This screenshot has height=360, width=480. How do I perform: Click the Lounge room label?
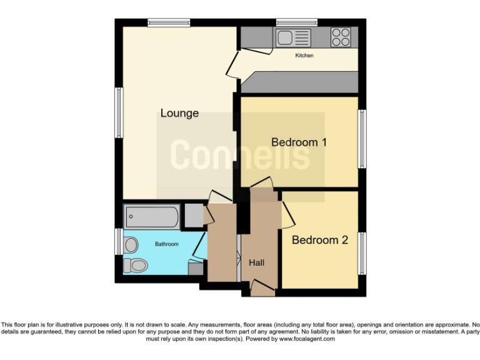coord(179,113)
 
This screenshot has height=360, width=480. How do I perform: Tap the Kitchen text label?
coord(304,56)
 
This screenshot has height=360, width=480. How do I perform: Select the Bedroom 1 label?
coord(299,142)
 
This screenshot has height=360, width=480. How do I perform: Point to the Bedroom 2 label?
coord(319,239)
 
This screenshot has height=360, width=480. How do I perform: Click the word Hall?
coord(256,262)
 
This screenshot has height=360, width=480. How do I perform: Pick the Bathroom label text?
coord(167,244)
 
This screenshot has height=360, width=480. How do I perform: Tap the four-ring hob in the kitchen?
coord(341,37)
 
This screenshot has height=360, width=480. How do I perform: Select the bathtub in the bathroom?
coord(152,217)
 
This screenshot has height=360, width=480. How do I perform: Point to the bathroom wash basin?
coord(131,245)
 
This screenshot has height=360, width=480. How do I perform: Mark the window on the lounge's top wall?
coord(169,23)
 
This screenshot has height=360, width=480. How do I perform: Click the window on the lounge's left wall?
coord(118,112)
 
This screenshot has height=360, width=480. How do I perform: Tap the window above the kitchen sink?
coord(296,23)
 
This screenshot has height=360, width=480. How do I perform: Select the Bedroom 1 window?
coord(362,139)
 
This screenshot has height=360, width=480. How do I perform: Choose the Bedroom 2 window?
coord(362,252)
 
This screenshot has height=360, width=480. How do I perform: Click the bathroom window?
coord(118,241)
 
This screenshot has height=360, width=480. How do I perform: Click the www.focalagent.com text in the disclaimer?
coord(306,339)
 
